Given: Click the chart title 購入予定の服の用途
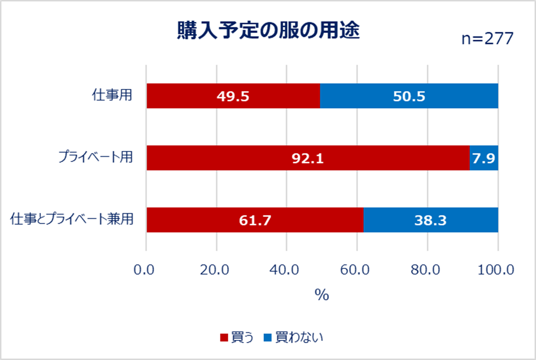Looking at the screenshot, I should (269, 31).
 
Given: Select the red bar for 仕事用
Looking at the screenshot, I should (233, 96).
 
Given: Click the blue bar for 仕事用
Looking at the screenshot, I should (409, 96).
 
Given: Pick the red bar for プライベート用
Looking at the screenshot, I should (308, 158).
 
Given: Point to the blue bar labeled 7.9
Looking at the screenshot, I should (484, 158).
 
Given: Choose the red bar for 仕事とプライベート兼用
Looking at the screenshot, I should (255, 220).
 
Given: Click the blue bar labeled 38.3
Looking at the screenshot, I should (431, 220).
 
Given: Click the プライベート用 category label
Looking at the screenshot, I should (95, 158).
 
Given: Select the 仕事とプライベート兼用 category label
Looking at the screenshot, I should (72, 220).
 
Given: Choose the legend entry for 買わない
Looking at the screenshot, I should (293, 337).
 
